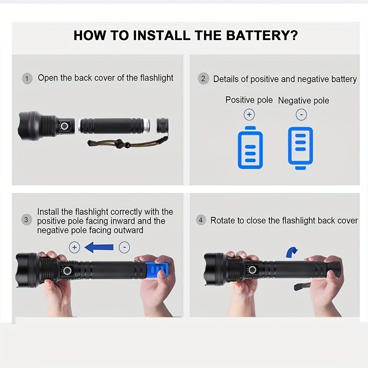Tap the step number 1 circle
(27, 78)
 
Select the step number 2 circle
(203, 79)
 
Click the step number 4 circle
(201, 220)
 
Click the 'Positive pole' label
(249, 100)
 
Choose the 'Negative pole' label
(304, 100)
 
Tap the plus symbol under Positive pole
(249, 115)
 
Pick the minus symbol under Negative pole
(301, 115)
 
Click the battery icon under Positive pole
(250, 148)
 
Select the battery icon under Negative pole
(301, 148)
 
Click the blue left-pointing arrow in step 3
(99, 248)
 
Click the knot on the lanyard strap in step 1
(119, 144)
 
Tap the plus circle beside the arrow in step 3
(74, 247)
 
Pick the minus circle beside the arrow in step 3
(124, 247)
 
